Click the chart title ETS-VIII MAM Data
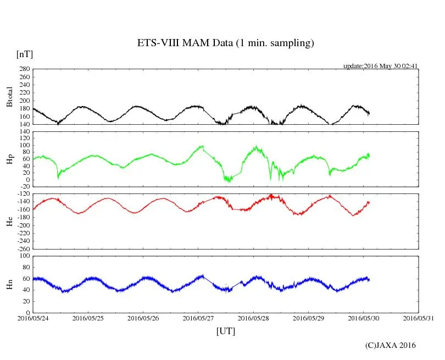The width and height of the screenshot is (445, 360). (225, 43)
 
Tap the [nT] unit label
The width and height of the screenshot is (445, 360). (25, 54)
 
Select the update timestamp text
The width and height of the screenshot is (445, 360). (381, 66)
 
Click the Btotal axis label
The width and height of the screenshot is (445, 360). (9, 97)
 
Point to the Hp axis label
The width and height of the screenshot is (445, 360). (9, 159)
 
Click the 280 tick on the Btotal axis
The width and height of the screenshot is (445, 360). (24, 69)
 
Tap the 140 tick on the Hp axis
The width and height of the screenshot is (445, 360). (24, 132)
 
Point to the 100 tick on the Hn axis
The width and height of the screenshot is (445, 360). (24, 256)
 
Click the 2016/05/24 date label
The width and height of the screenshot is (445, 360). (33, 318)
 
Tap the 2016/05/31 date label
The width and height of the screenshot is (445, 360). (419, 318)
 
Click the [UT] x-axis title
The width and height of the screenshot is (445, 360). (225, 331)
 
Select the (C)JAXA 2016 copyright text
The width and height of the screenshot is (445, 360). (391, 345)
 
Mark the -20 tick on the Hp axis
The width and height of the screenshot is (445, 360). (24, 187)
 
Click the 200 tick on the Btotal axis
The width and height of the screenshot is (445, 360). (24, 101)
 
